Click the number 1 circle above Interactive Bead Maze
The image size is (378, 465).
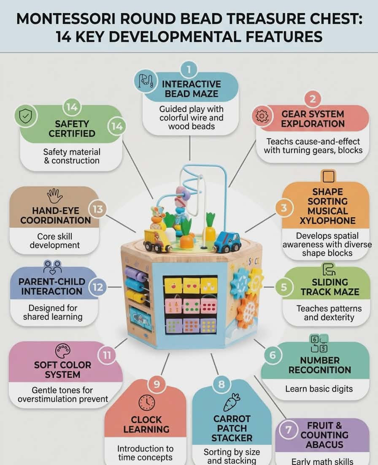tap(189, 69)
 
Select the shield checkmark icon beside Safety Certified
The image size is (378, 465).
tap(26, 116)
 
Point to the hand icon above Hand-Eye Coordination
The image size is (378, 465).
tap(55, 196)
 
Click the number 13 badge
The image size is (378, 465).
tap(98, 209)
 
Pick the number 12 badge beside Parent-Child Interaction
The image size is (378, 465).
tap(98, 287)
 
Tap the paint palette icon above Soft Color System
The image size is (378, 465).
tap(63, 351)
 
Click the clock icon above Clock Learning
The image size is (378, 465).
tap(147, 402)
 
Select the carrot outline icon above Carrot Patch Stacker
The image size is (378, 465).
tap(232, 402)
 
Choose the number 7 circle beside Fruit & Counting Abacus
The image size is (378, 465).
tap(288, 430)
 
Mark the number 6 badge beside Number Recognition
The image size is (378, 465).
tap(272, 355)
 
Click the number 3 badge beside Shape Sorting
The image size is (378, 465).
tap(284, 208)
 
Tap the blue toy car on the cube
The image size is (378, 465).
tap(227, 242)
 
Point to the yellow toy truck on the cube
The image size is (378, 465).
tap(157, 240)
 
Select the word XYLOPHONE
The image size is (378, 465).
tap(327, 221)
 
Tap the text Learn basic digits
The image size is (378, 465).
tap(319, 389)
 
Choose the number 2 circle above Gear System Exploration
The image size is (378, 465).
tap(313, 99)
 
